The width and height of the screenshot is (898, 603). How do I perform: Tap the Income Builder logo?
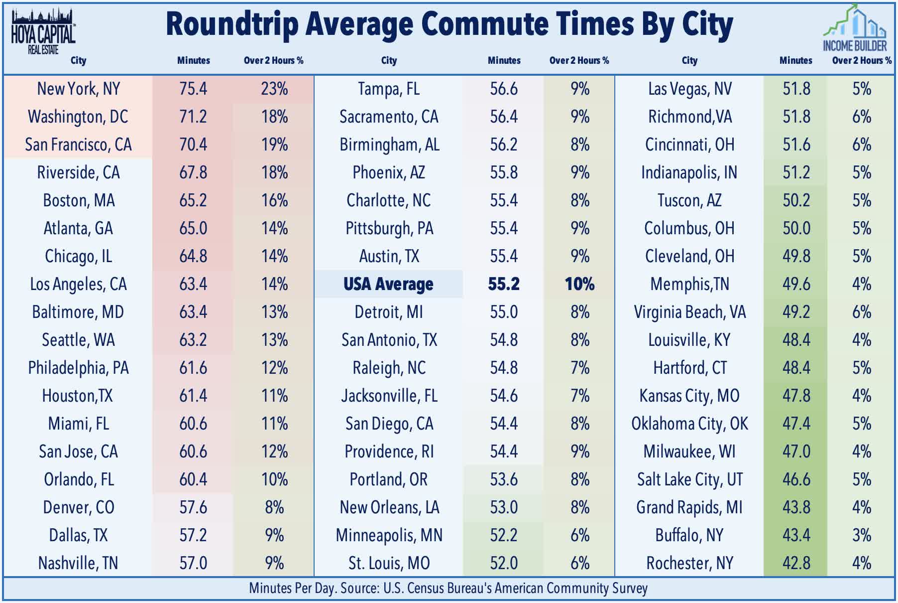[x=854, y=28]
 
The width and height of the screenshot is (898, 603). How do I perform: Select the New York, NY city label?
[x=79, y=89]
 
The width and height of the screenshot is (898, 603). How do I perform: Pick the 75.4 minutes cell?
[x=193, y=89]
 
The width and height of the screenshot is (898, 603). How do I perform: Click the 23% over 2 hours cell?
[x=274, y=89]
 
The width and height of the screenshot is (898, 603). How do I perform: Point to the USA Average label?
[x=388, y=284]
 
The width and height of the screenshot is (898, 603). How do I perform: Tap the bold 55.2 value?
[x=504, y=284]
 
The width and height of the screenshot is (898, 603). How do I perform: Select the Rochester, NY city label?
[x=689, y=563]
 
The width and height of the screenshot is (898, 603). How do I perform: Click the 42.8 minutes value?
[x=796, y=563]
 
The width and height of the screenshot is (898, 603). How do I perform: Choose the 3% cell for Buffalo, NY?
[x=862, y=535]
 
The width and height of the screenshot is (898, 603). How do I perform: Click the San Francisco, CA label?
[x=79, y=145]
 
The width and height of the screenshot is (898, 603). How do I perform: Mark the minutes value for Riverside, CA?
[x=193, y=172]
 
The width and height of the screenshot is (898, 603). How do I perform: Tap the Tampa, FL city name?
[x=389, y=89]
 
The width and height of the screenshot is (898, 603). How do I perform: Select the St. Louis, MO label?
[x=389, y=563]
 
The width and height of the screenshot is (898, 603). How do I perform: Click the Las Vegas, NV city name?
[x=689, y=89]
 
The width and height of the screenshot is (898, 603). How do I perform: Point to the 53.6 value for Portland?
[x=504, y=479]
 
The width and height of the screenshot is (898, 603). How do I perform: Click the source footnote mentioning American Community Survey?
[x=448, y=589]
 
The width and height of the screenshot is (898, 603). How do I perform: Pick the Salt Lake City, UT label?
[x=689, y=479]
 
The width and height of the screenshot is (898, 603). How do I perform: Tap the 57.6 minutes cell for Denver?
[x=193, y=507]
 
